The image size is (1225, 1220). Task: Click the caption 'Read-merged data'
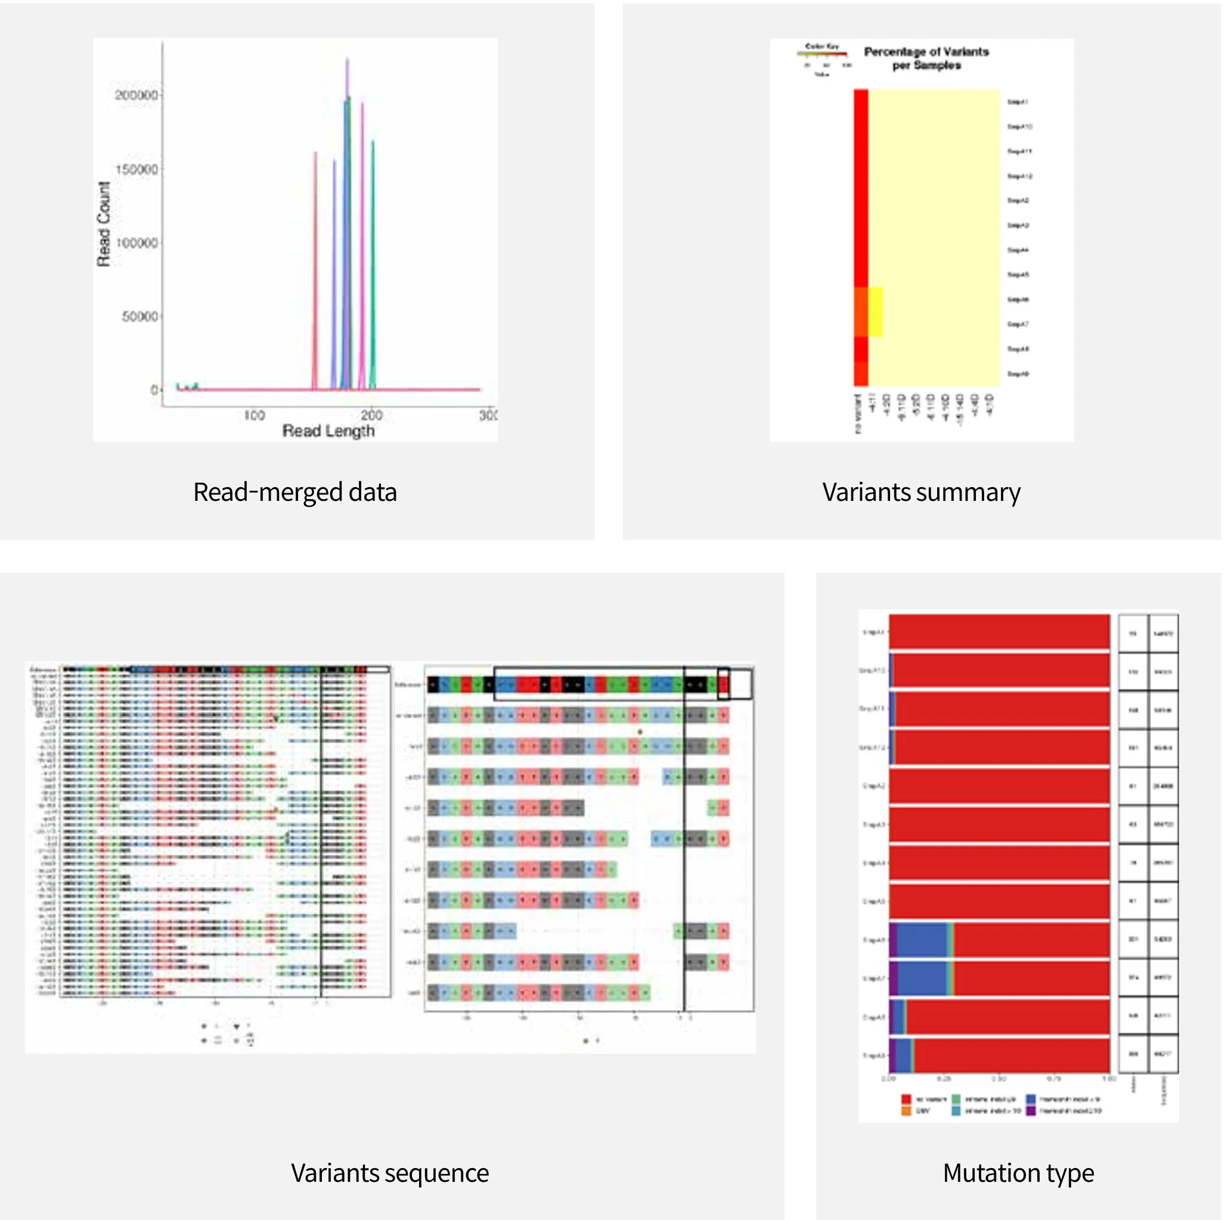click(x=295, y=492)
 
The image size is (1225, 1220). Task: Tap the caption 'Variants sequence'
click(x=389, y=1172)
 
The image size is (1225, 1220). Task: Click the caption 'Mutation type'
click(x=1018, y=1172)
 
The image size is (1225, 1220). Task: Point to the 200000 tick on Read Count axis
click(x=136, y=95)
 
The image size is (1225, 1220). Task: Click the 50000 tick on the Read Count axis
click(x=139, y=317)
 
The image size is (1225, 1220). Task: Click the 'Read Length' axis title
click(x=328, y=431)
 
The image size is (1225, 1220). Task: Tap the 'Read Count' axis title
click(x=103, y=224)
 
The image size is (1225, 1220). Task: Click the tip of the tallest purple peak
click(x=347, y=60)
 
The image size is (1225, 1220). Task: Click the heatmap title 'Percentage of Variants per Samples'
click(x=926, y=58)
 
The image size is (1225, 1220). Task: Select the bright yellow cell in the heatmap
click(x=876, y=311)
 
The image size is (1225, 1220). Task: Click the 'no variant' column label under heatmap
click(x=858, y=413)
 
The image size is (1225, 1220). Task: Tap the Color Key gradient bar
click(x=822, y=54)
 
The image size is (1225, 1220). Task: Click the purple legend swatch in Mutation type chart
click(x=1031, y=1111)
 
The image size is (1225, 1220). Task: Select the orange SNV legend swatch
click(x=906, y=1111)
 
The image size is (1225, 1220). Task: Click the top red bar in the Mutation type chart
click(x=998, y=631)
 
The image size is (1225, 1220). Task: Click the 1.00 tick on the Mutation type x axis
click(x=1108, y=1079)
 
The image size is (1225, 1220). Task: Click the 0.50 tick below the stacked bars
click(x=998, y=1079)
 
